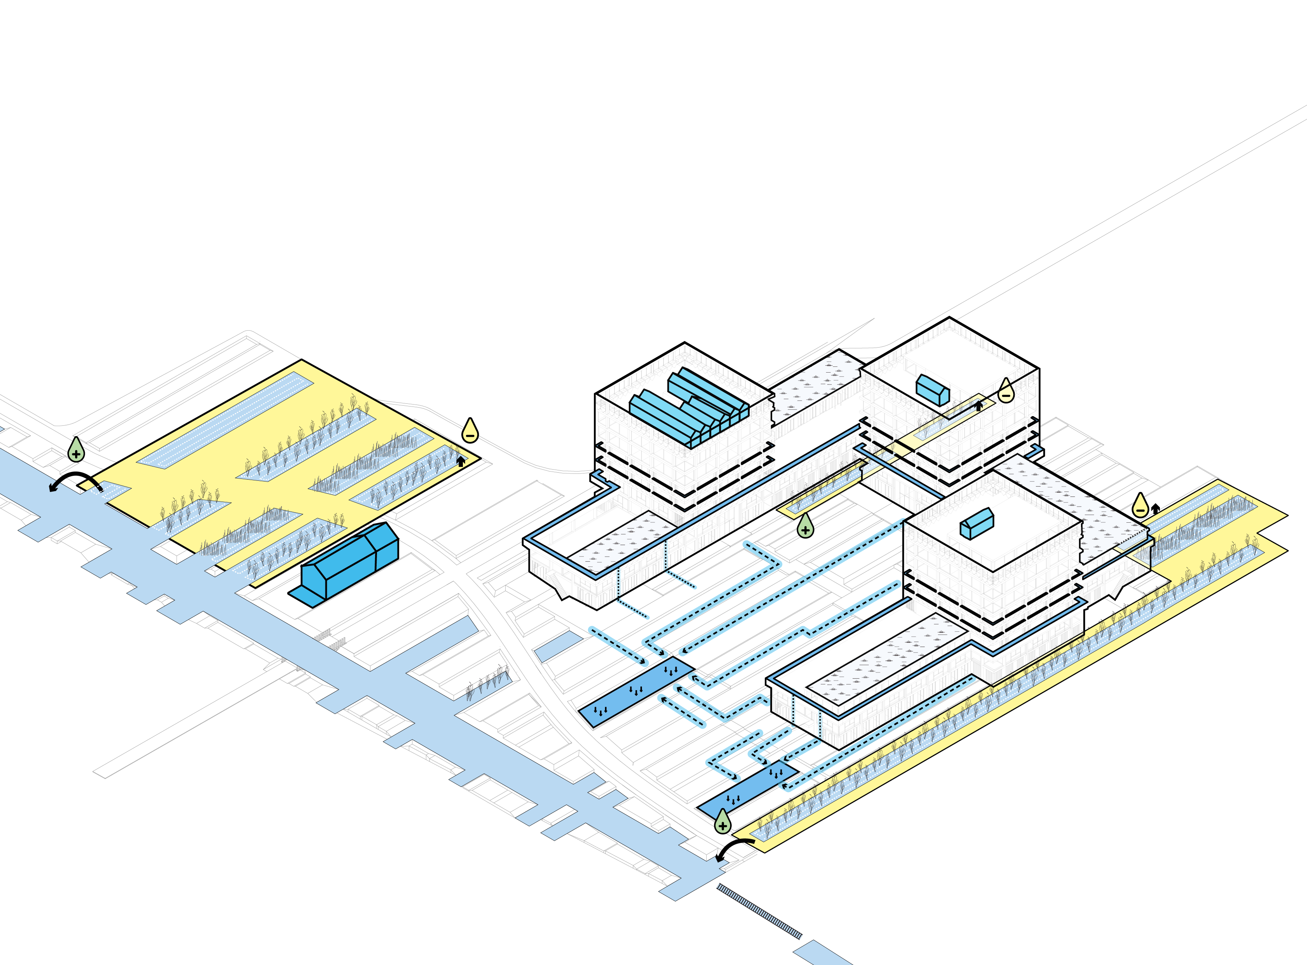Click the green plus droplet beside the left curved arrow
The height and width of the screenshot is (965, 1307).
click(76, 450)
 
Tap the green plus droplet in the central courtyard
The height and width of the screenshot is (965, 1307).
click(805, 526)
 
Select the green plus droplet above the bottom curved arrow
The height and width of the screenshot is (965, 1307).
click(723, 822)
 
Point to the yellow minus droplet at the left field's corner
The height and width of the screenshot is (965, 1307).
click(470, 431)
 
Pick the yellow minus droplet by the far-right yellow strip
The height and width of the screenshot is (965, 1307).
click(1140, 506)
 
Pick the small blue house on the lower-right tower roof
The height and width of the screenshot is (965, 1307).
click(977, 523)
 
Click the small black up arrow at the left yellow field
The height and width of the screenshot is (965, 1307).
click(461, 462)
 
